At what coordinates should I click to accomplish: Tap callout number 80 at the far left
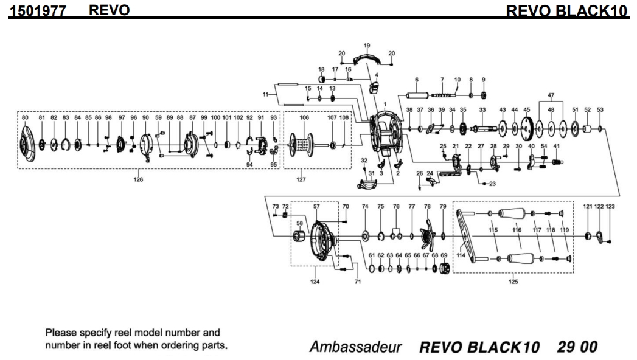(x=25, y=117)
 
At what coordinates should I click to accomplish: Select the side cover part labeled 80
(x=27, y=145)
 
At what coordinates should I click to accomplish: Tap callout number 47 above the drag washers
(x=551, y=95)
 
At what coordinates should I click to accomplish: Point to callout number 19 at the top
(x=367, y=46)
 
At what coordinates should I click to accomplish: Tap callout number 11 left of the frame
(x=265, y=94)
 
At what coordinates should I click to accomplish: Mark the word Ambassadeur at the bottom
(x=355, y=347)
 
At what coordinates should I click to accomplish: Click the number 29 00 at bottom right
(x=577, y=347)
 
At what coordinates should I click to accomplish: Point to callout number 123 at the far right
(x=610, y=207)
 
